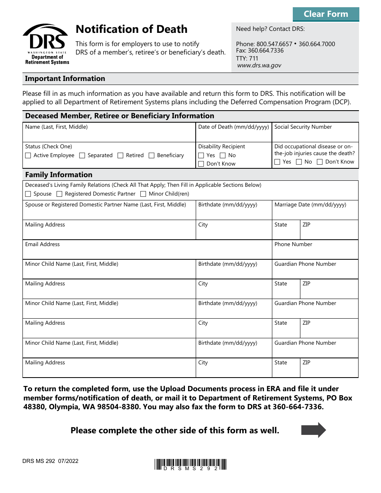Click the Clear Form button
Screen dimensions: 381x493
click(x=326, y=14)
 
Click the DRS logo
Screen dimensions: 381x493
click(x=46, y=44)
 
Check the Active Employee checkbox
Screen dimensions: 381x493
click(x=28, y=156)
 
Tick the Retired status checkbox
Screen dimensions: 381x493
click(x=120, y=156)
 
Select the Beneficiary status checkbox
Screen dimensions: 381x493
click(x=152, y=156)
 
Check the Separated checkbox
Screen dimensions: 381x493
click(x=82, y=156)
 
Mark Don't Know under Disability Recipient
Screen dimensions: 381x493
click(x=201, y=164)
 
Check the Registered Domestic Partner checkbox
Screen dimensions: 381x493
click(x=59, y=194)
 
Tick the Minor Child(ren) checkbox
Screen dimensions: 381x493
click(x=143, y=194)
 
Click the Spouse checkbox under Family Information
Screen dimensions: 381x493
click(x=28, y=194)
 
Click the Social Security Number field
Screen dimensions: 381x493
click(x=315, y=135)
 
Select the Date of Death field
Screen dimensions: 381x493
click(x=233, y=135)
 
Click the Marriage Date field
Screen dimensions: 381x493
click(x=315, y=213)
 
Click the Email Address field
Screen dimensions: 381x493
click(x=147, y=253)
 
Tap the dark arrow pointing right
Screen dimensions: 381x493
click(x=314, y=430)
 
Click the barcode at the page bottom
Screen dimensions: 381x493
click(x=190, y=464)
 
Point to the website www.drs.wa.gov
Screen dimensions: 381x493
click(x=259, y=65)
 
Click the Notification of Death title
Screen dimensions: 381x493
click(x=132, y=29)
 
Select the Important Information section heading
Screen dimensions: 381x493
click(x=65, y=79)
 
